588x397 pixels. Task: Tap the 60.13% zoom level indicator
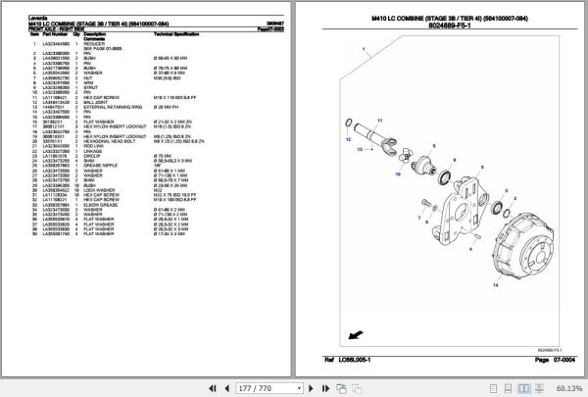tap(566, 387)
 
